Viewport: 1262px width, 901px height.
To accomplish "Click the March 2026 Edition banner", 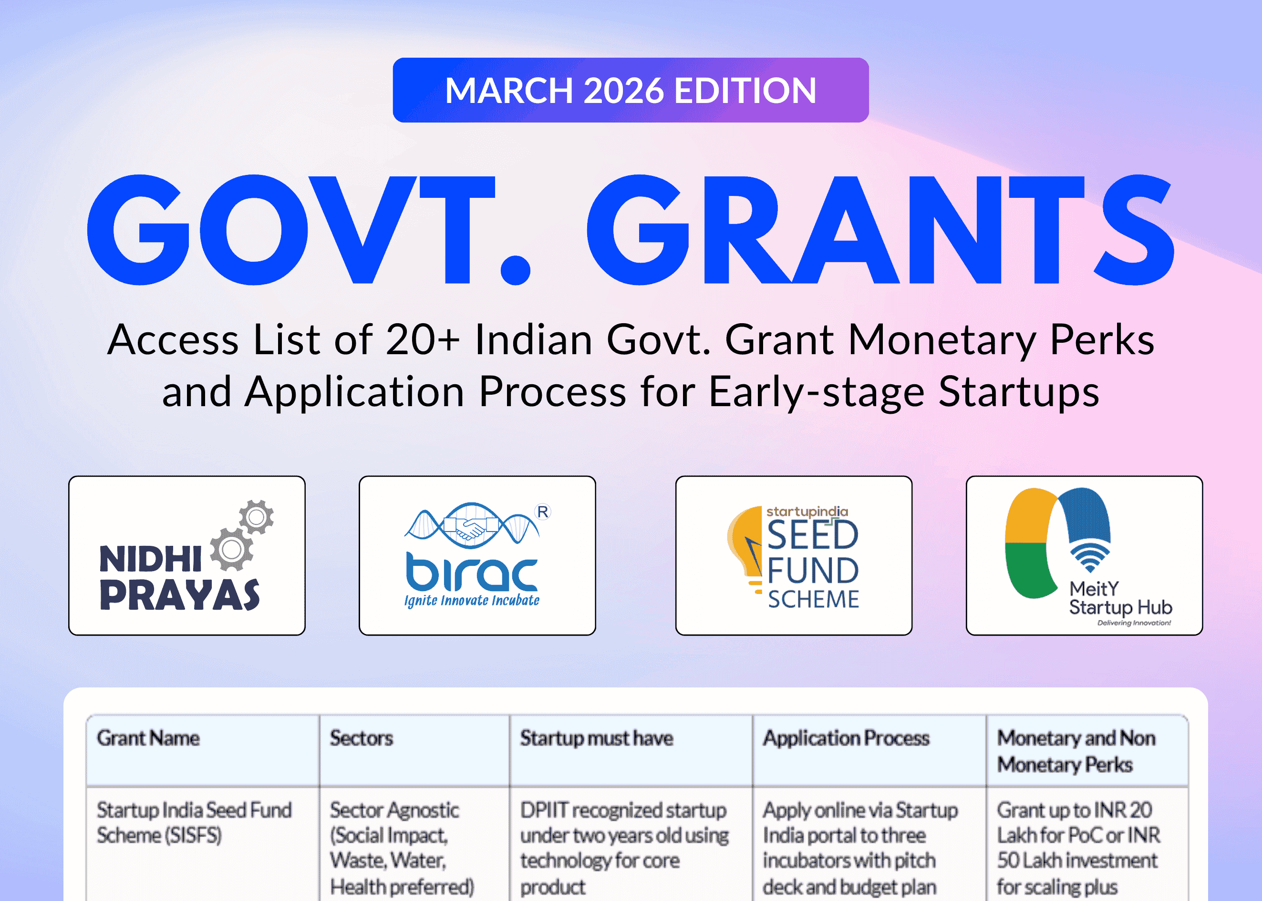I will coord(631,90).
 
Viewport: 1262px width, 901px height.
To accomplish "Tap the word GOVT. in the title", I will coord(308,230).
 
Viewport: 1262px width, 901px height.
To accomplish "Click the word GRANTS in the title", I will coord(880,230).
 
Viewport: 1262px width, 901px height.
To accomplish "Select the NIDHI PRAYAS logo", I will coord(186,555).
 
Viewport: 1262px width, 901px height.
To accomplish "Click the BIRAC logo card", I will coord(477,555).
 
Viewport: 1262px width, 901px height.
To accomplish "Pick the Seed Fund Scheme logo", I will coord(794,555).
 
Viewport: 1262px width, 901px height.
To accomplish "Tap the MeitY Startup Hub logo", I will coord(1084,555).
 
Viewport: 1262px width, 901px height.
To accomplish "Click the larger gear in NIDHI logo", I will coord(231,549).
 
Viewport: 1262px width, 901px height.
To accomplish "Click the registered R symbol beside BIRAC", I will coord(543,512).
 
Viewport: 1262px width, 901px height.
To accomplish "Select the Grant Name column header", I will coord(148,738).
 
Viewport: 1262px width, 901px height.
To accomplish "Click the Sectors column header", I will coord(361,738).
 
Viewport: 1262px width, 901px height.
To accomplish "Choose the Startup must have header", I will coord(596,738).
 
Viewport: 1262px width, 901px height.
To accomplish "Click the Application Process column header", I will coord(846,738).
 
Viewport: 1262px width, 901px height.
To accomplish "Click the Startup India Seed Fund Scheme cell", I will coord(194,822).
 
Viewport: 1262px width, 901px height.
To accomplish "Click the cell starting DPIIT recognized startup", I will coord(624,847).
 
